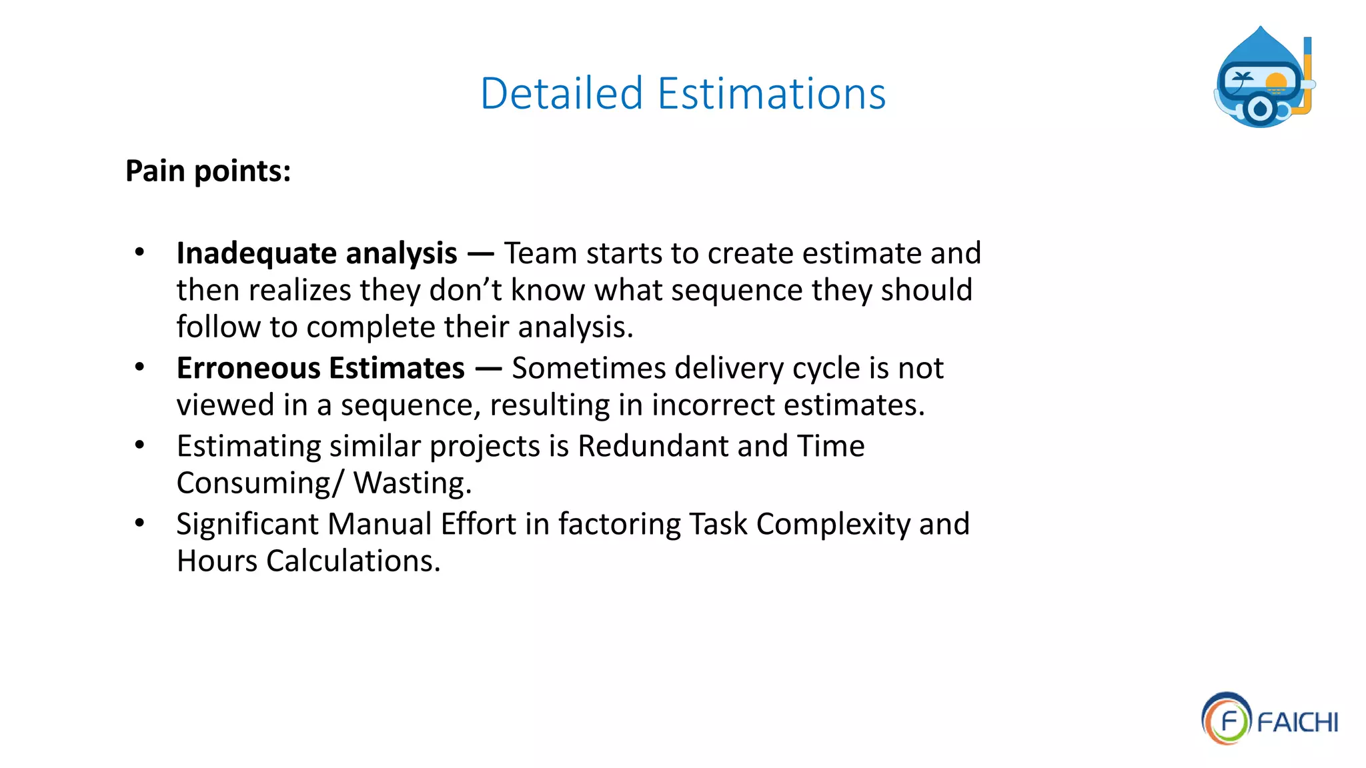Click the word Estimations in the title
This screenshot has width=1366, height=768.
pyautogui.click(x=772, y=93)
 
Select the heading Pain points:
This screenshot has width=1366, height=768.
pyautogui.click(x=208, y=171)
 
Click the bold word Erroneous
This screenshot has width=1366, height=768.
pyautogui.click(x=248, y=369)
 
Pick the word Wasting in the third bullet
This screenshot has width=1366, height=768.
pyautogui.click(x=412, y=483)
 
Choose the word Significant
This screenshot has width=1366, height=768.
pyautogui.click(x=247, y=524)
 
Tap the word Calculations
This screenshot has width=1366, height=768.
pyautogui.click(x=354, y=561)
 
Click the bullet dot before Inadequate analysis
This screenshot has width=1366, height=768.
pyautogui.click(x=139, y=252)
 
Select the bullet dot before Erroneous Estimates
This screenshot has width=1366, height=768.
pyautogui.click(x=139, y=367)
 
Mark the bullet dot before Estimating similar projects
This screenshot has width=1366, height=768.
pyautogui.click(x=139, y=445)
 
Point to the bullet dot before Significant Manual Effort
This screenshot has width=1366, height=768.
pyautogui.click(x=139, y=523)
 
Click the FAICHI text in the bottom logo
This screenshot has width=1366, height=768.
pyautogui.click(x=1297, y=723)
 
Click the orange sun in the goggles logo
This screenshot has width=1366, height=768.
pyautogui.click(x=1276, y=83)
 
